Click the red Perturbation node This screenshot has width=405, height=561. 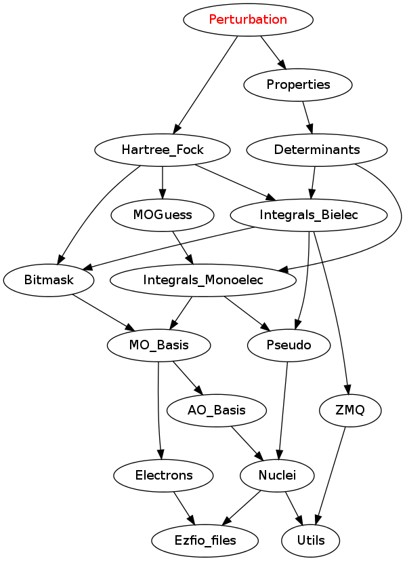tap(248, 20)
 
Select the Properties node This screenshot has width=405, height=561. tap(298, 85)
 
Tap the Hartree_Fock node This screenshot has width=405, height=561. tap(163, 150)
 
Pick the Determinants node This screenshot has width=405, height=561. tap(317, 150)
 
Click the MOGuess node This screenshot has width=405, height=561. tap(163, 215)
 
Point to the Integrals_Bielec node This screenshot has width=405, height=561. tap(309, 215)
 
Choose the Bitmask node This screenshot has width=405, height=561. tap(49, 280)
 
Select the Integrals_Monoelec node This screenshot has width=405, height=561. tap(203, 280)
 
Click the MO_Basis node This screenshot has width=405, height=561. tap(159, 345)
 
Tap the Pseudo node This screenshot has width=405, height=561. tap(289, 345)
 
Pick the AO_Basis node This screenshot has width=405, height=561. tap(217, 410)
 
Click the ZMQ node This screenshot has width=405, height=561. tap(350, 410)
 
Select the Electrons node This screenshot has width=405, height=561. tap(164, 476)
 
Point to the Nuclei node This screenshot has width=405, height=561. tap(277, 476)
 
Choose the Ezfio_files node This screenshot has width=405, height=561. tap(205, 541)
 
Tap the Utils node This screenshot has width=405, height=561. tap(311, 541)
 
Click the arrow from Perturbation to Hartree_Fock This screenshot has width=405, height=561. tap(206, 85)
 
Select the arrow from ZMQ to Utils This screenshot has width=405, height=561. tap(331, 476)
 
